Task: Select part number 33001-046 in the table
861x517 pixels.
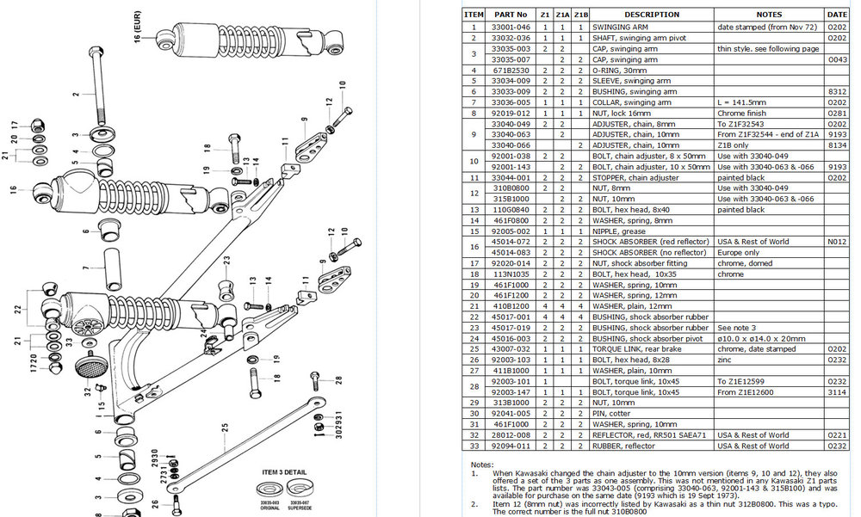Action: point(510,27)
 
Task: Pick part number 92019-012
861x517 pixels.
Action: point(510,113)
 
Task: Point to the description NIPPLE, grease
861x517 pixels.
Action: point(618,231)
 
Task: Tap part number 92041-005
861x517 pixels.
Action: point(510,414)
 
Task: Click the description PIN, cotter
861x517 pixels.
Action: point(612,414)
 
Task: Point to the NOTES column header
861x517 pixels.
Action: point(769,15)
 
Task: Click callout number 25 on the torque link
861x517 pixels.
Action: point(223,428)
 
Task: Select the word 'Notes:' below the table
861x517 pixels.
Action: point(481,463)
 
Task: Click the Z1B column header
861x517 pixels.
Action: point(580,15)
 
